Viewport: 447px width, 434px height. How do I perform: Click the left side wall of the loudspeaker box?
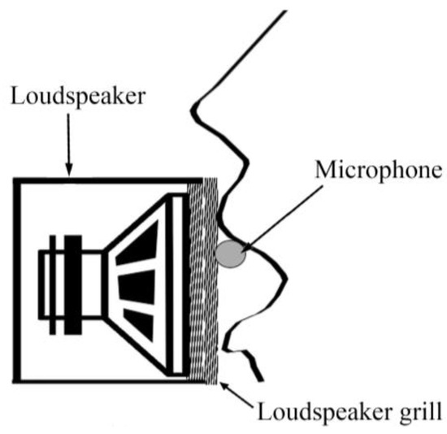point(15,284)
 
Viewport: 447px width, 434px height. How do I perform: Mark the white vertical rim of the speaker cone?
point(180,284)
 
